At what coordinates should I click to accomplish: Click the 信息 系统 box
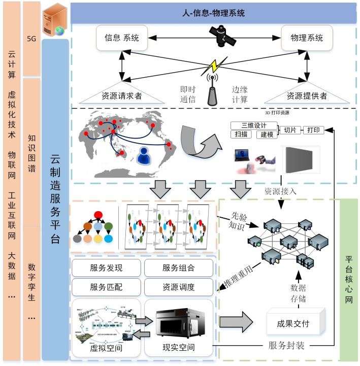tap(121, 38)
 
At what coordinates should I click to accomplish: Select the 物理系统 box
tap(306, 38)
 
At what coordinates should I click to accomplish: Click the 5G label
tap(31, 38)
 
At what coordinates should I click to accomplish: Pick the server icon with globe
tap(54, 19)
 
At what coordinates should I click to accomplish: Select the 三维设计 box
tap(254, 125)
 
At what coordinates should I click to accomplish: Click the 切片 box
tap(289, 130)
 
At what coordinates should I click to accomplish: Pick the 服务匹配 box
tap(106, 287)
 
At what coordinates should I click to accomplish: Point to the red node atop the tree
tap(98, 214)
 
